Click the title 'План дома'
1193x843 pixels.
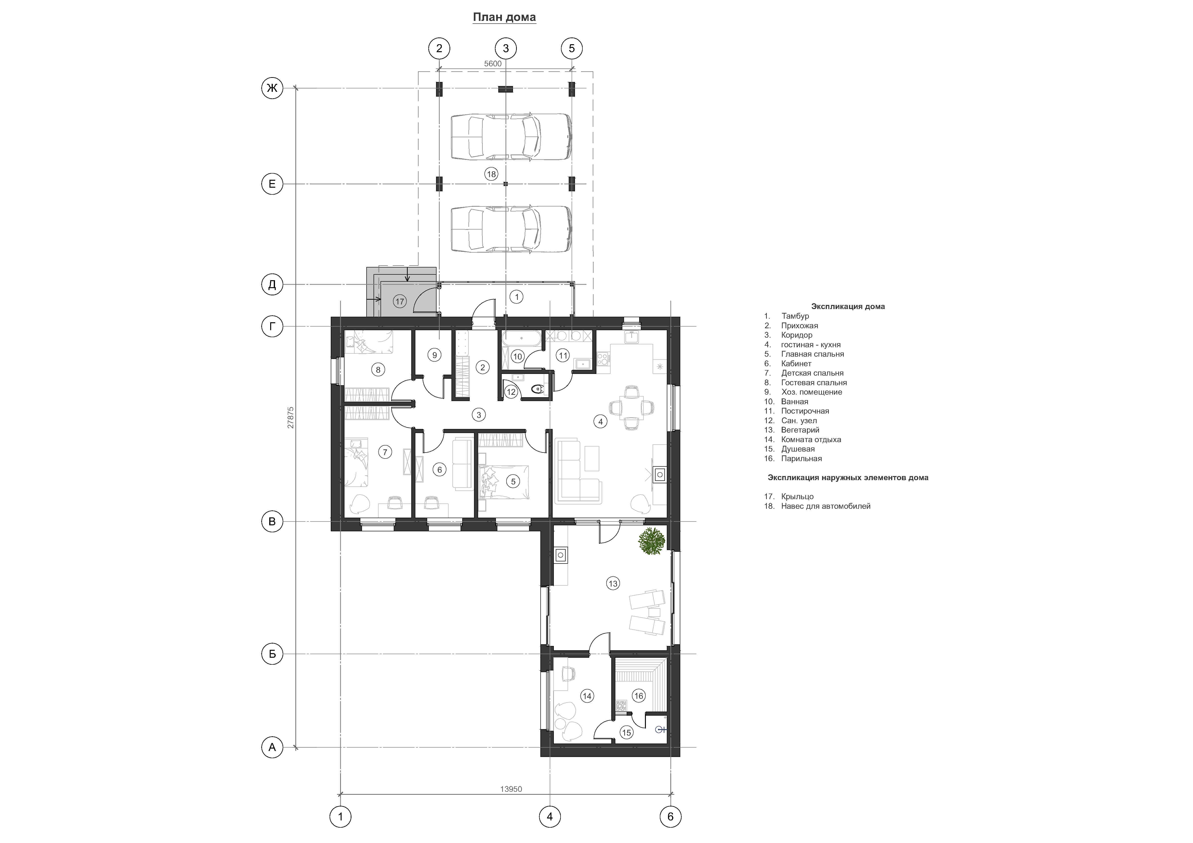click(x=504, y=17)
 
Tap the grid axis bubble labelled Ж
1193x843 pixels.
click(x=272, y=88)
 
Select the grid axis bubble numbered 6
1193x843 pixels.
click(x=670, y=817)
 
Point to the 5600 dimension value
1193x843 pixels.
click(x=493, y=64)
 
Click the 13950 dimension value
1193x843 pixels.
click(x=511, y=789)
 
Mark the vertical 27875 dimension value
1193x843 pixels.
click(x=290, y=417)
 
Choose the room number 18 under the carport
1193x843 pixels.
click(x=491, y=174)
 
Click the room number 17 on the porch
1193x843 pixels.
click(x=399, y=301)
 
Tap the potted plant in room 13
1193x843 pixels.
click(x=652, y=541)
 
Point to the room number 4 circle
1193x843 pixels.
click(x=601, y=422)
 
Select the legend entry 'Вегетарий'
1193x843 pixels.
click(x=800, y=430)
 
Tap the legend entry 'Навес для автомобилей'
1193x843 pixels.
click(x=826, y=506)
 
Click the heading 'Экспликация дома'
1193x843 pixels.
click(x=848, y=306)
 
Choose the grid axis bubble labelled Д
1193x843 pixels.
click(x=272, y=285)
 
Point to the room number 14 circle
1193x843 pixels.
click(x=587, y=696)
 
